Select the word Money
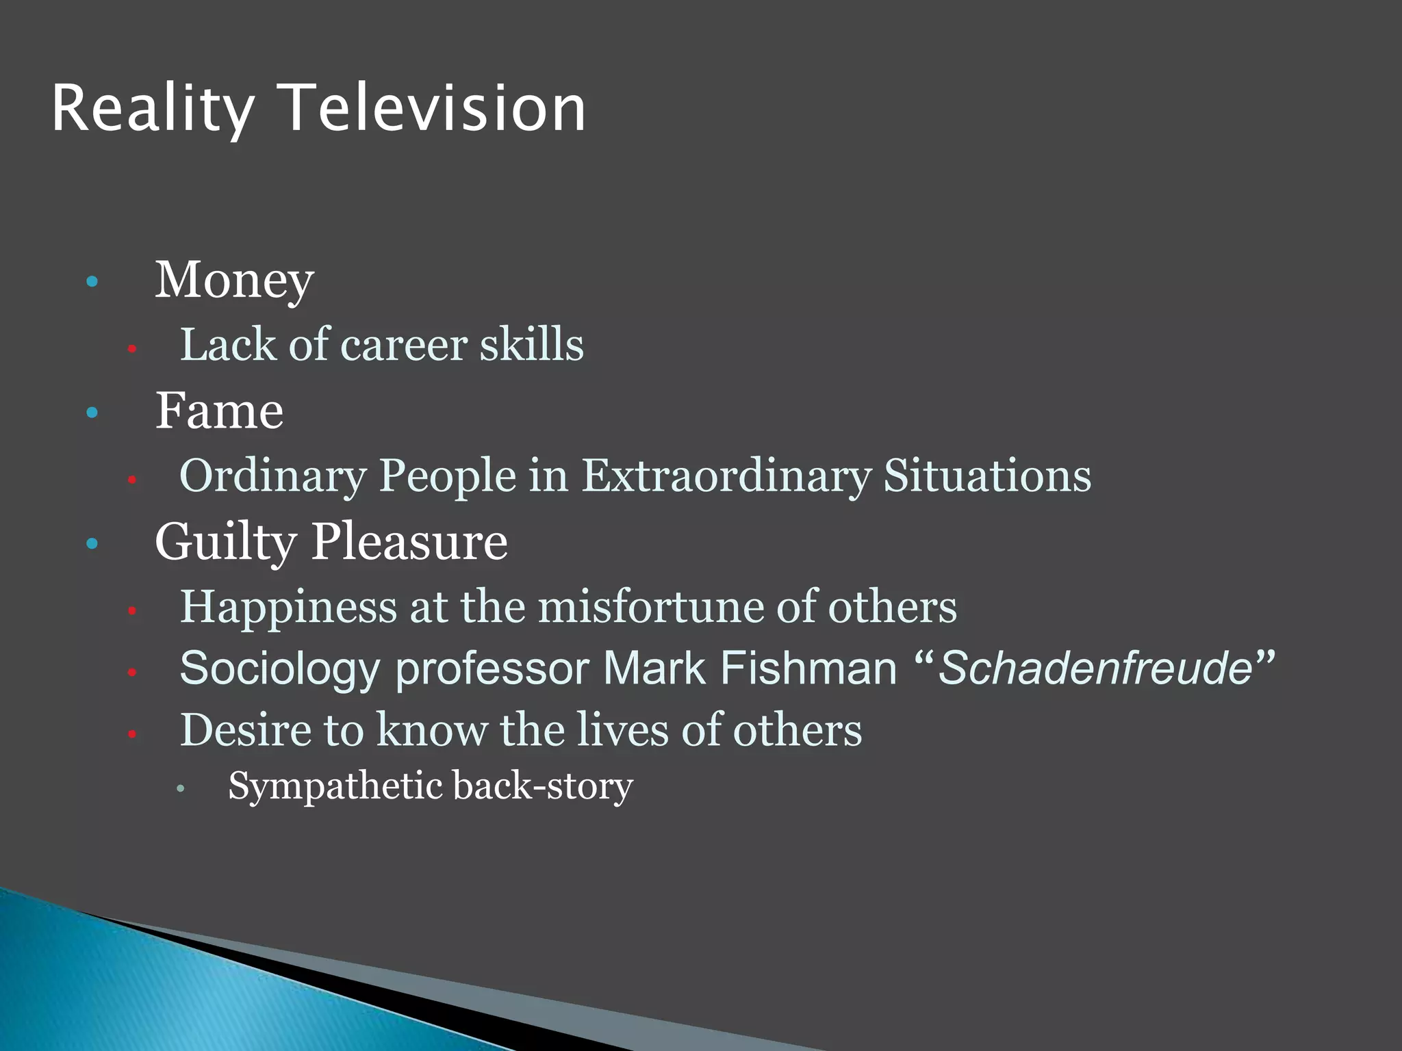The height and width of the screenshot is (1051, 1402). coord(234,281)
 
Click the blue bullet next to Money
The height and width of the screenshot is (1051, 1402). coord(92,281)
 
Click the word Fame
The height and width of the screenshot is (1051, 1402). coord(219,411)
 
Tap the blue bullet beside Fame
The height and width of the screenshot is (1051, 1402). coord(92,413)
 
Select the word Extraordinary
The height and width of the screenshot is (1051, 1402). coord(726,476)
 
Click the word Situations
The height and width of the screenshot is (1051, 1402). coord(987,476)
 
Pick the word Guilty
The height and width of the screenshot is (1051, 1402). coord(226,543)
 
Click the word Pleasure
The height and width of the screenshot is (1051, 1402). coord(409,542)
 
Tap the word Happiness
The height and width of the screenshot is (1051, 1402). coord(288,608)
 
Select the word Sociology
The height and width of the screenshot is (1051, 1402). coord(279,669)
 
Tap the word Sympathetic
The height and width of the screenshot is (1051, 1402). coord(335,786)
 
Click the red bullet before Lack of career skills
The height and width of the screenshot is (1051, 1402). coord(132,349)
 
